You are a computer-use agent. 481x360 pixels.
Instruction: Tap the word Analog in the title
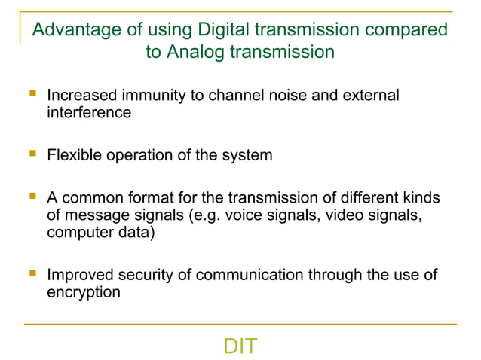click(200, 53)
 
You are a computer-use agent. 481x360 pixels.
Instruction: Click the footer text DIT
click(240, 346)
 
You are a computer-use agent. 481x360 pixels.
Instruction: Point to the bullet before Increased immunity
click(31, 96)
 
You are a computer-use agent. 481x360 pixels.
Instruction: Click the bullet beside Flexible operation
click(31, 155)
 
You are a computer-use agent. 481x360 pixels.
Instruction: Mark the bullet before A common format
click(31, 198)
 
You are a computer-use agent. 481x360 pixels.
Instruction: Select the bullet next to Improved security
click(31, 275)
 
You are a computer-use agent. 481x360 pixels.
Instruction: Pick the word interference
click(88, 113)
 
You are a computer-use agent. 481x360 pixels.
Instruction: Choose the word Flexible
click(74, 156)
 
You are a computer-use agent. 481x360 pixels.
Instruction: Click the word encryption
click(83, 292)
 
